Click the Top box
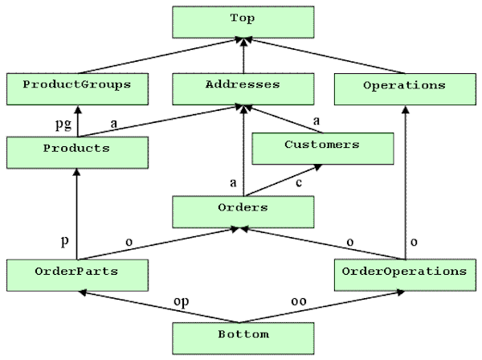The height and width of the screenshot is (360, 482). (243, 22)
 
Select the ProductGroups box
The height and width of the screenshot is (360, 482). (77, 89)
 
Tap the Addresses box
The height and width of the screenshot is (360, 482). (243, 89)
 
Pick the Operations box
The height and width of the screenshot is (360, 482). (405, 89)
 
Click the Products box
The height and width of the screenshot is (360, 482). (77, 153)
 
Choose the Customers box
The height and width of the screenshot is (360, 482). (323, 149)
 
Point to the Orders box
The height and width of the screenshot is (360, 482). (243, 212)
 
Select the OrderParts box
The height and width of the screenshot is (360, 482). (77, 275)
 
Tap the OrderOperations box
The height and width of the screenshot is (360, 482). (405, 275)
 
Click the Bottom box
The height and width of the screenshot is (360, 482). (243, 338)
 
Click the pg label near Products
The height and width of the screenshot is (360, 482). (63, 125)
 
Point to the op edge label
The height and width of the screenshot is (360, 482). (182, 302)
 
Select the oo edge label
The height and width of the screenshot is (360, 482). (299, 301)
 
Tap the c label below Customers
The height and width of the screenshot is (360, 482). (299, 183)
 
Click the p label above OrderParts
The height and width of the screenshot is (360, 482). (64, 241)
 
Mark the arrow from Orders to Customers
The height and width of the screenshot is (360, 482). (284, 181)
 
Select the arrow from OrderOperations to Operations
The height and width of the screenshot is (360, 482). (406, 182)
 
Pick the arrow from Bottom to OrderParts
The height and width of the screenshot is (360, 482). (158, 307)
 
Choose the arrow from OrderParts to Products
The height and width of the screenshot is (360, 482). (77, 215)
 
